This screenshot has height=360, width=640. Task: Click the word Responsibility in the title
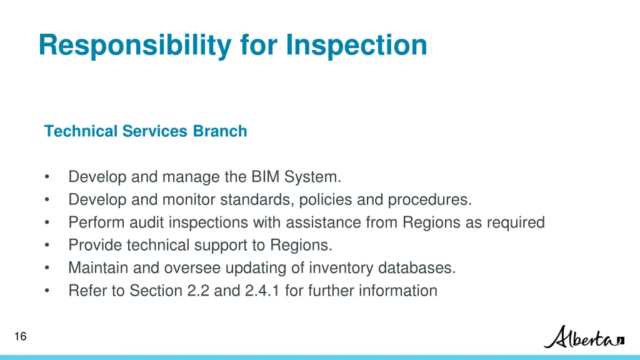134,46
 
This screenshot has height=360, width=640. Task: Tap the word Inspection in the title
357,46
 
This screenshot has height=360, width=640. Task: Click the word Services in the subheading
155,132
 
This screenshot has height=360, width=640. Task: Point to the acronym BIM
266,177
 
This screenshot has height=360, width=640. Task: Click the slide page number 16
20,337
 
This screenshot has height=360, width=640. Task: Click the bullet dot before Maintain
47,268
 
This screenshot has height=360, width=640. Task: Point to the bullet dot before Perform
47,222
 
